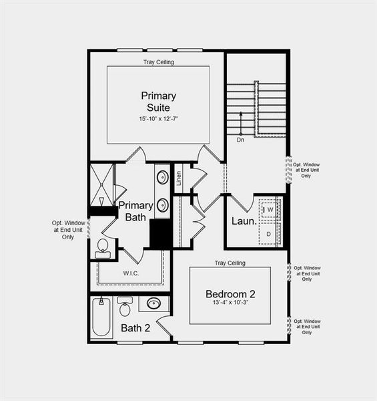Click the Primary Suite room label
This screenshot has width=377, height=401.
tap(158, 101)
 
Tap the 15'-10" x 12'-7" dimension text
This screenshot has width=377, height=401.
tap(158, 118)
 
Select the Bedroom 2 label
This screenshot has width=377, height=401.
tap(230, 294)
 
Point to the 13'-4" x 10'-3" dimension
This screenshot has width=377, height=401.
tap(230, 305)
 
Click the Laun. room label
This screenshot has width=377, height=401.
tap(244, 221)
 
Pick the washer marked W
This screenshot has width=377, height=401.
tap(271, 211)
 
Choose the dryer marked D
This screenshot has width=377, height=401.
tap(268, 233)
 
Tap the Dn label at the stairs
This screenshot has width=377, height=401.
tap(240, 140)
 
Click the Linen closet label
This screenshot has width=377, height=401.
tap(179, 178)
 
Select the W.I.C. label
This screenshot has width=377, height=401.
tap(131, 273)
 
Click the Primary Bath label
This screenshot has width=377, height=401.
tap(136, 211)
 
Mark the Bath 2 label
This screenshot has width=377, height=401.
tap(135, 328)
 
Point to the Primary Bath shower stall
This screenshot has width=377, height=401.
tap(102, 184)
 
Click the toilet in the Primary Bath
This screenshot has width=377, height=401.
tap(102, 247)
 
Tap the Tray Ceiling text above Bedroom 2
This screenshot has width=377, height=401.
tap(230, 263)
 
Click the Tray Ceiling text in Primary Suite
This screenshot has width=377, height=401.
tap(158, 62)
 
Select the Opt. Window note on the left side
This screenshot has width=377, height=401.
tap(68, 230)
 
